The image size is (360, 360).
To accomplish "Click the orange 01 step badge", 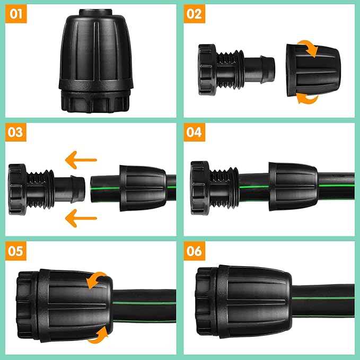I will (16, 14).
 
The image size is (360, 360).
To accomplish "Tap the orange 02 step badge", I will (195, 14).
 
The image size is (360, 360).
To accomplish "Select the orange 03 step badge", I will (16, 132).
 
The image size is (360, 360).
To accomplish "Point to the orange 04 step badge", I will (195, 132).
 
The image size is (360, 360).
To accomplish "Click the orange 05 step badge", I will (16, 251).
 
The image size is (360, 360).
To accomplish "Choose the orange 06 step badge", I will (195, 251).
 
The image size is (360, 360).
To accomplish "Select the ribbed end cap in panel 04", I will (201, 189).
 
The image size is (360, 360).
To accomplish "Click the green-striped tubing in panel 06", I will (323, 297).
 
